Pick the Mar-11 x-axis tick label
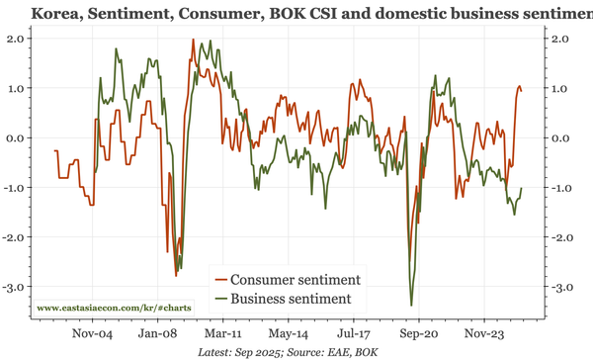tap(223, 333)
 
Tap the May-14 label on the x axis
tap(289, 333)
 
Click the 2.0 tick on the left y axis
tap(16, 39)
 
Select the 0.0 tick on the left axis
tap(16, 138)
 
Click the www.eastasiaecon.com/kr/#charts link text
tap(115, 309)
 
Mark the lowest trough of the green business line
tap(411, 305)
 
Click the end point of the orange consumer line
tap(522, 91)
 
